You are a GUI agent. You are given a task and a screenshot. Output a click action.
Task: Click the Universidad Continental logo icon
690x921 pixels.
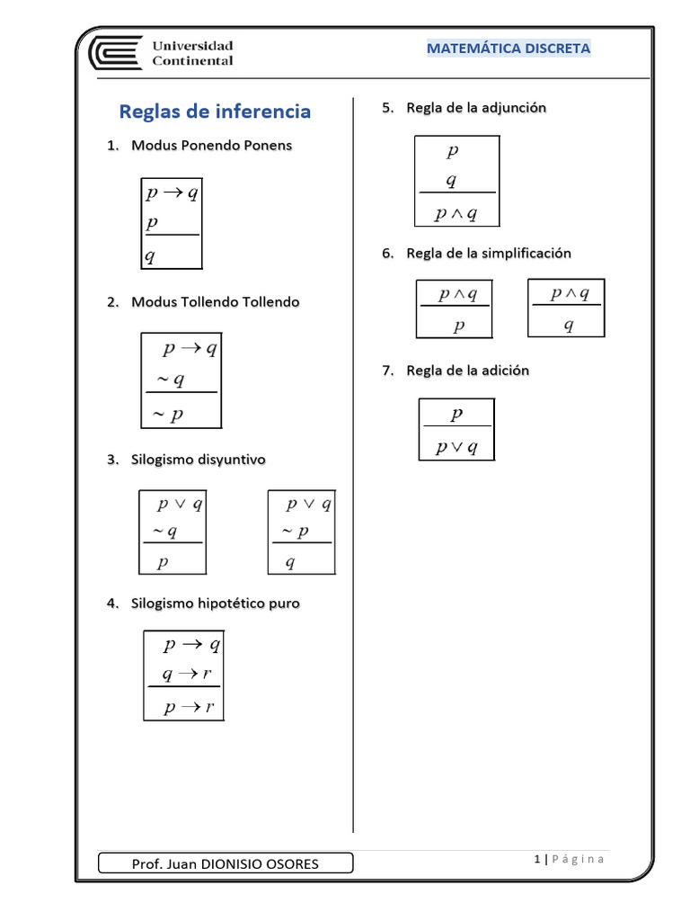click(x=114, y=52)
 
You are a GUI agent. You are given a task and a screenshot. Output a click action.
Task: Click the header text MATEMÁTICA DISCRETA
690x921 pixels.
click(x=509, y=49)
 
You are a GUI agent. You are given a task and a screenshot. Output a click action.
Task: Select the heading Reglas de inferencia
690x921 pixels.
click(x=216, y=112)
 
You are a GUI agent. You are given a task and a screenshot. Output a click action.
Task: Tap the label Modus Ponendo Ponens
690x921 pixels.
click(x=211, y=145)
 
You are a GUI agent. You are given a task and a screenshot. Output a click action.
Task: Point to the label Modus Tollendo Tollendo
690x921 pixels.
click(x=215, y=302)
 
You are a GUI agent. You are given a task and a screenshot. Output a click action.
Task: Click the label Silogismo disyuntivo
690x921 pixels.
click(x=198, y=460)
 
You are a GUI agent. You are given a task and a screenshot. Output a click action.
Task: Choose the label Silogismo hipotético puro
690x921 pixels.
click(x=216, y=604)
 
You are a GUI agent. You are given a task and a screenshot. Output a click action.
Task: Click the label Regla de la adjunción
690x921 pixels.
click(x=476, y=108)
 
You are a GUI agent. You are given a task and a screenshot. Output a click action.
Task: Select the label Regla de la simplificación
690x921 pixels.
click(x=489, y=254)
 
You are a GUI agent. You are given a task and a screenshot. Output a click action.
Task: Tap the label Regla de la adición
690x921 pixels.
click(x=467, y=371)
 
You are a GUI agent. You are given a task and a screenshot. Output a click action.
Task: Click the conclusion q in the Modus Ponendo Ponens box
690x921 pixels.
click(x=151, y=256)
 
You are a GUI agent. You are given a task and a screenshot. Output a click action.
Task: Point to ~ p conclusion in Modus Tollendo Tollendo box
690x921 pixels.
click(x=167, y=414)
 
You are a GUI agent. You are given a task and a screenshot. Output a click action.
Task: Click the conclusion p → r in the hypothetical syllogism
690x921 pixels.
click(x=189, y=708)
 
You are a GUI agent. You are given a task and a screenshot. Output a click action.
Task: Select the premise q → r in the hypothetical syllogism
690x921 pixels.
click(x=186, y=675)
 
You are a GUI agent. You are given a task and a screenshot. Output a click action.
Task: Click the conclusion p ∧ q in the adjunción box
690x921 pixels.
click(x=456, y=213)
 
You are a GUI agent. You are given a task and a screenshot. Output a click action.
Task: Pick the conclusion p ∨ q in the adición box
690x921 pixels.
click(x=456, y=447)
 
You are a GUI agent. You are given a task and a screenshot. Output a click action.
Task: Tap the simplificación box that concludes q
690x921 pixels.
click(x=566, y=308)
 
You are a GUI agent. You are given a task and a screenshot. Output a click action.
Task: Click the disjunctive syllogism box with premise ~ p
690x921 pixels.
click(x=302, y=532)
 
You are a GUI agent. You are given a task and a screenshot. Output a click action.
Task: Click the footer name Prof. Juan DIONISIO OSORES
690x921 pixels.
click(x=225, y=864)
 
